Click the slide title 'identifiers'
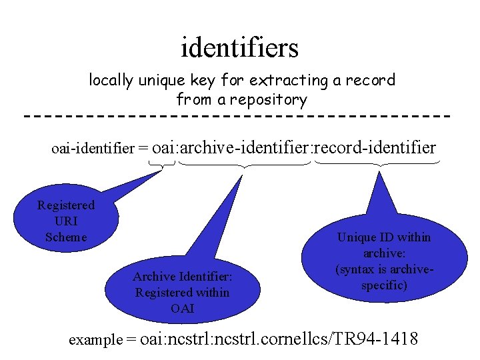(x=239, y=48)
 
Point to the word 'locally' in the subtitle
(x=111, y=81)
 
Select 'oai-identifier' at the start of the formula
(x=93, y=148)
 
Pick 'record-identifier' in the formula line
(x=375, y=147)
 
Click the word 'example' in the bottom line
(x=96, y=339)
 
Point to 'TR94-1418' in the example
(x=378, y=339)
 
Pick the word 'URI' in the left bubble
(x=66, y=221)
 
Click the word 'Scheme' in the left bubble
(x=66, y=237)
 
